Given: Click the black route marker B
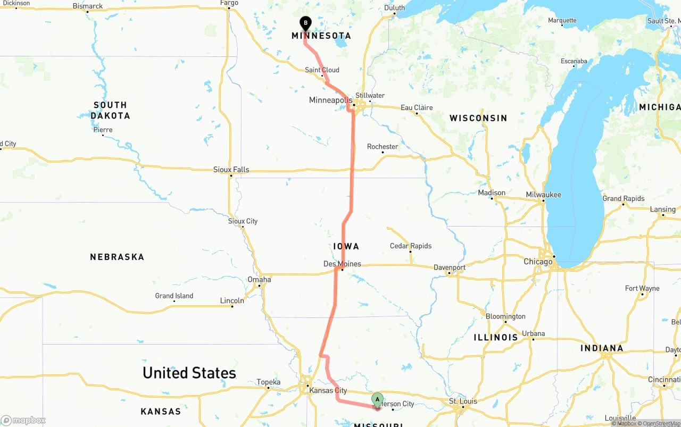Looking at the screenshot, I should click(x=305, y=23).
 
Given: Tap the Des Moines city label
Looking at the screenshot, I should click(x=342, y=264).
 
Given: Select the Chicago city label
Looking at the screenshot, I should click(x=538, y=262).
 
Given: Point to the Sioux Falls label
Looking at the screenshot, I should click(x=231, y=170).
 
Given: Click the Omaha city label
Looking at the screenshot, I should click(x=259, y=280).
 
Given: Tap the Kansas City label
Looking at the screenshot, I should click(x=328, y=390).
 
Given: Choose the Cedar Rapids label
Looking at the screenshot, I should click(x=411, y=246).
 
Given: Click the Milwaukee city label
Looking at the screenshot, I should click(x=543, y=195).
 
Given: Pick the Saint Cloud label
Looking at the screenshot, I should click(x=322, y=70).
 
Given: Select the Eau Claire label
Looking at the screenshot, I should click(x=417, y=107).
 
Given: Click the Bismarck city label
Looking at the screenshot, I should click(x=88, y=6).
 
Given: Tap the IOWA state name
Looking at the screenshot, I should click(x=346, y=246).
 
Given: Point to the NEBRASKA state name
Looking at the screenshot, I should click(x=117, y=257).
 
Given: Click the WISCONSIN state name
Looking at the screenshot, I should click(x=478, y=118).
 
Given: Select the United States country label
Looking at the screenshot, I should click(x=189, y=373).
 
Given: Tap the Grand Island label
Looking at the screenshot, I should click(x=174, y=296).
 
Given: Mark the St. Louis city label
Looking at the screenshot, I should click(x=463, y=401).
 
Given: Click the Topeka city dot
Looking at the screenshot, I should click(x=268, y=388).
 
